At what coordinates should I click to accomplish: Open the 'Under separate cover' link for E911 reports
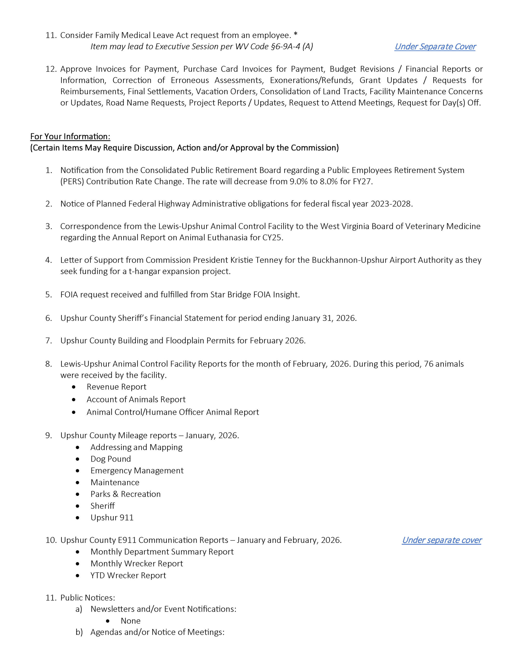(441, 540)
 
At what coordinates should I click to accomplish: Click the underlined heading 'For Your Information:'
(70, 136)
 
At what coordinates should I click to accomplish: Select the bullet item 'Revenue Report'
(116, 387)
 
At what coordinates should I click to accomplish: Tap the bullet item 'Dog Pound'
(111, 459)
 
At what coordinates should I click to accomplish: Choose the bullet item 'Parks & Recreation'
(126, 494)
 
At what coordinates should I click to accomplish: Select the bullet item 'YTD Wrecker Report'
(128, 575)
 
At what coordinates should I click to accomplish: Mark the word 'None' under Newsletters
(130, 621)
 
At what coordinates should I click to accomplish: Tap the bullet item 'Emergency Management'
(137, 471)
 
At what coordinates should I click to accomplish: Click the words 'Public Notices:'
(88, 597)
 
